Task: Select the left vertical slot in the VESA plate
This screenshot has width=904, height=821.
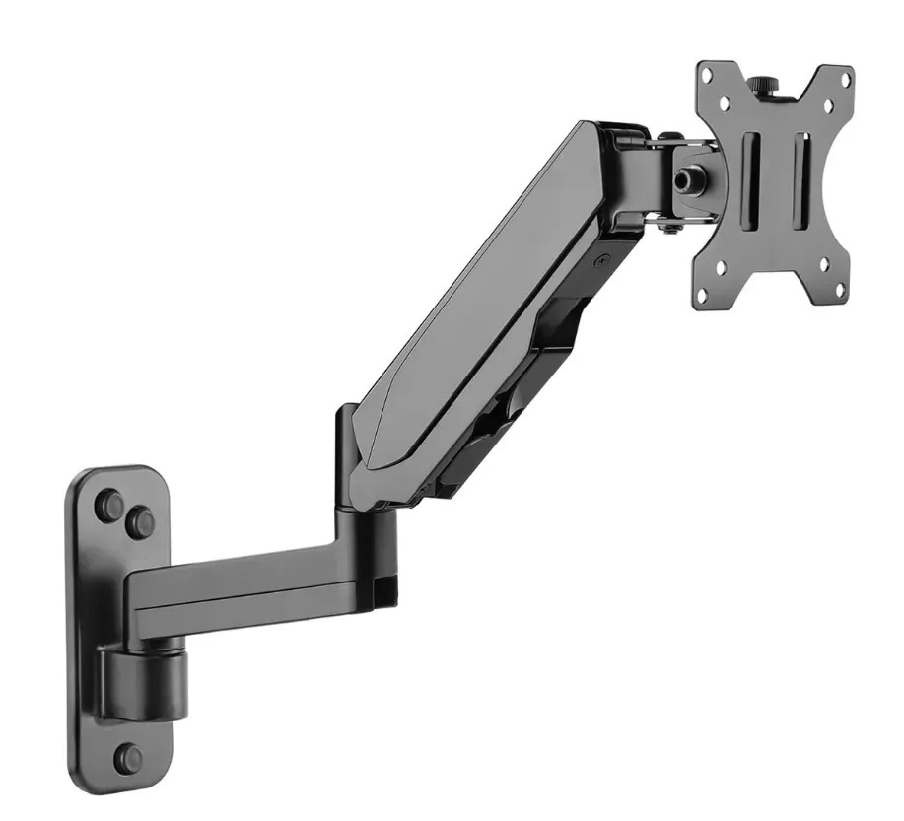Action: point(751,181)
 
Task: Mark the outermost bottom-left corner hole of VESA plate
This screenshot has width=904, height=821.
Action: point(703,292)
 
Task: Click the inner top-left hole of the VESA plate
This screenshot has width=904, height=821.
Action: point(724,102)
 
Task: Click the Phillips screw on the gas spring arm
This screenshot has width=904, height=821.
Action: point(600,261)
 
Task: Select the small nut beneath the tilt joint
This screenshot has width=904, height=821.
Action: point(669,232)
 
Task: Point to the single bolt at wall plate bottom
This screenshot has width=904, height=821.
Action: point(128,758)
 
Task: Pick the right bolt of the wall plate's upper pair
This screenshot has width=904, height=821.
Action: point(141,520)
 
